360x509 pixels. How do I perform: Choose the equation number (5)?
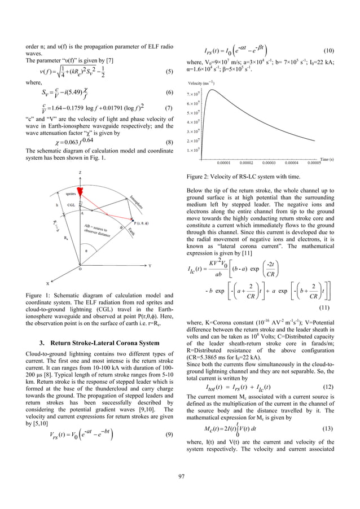point(169,72)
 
